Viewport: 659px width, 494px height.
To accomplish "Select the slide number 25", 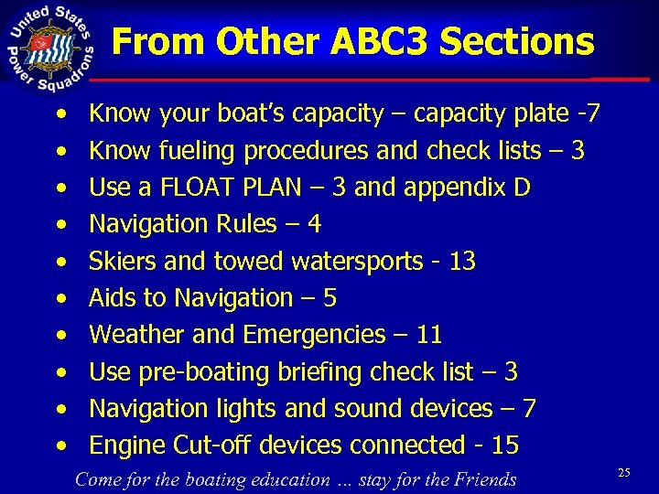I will [x=624, y=472].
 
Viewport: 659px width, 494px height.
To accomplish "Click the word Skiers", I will [x=124, y=262].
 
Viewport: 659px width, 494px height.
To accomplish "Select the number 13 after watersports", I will [x=462, y=262].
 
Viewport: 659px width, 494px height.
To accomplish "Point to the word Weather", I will [x=134, y=335].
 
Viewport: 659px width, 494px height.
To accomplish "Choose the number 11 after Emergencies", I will [x=428, y=335].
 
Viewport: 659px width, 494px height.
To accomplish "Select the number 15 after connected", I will [x=505, y=446].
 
